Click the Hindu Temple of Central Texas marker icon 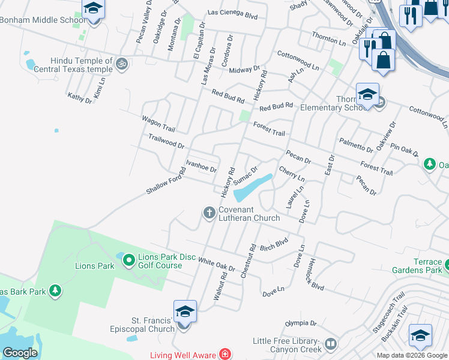click(x=122, y=63)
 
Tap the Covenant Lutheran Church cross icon click(x=209, y=212)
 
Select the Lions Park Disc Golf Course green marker click(x=128, y=260)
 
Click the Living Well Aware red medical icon click(x=225, y=355)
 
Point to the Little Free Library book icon click(x=330, y=345)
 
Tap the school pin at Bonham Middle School click(x=93, y=10)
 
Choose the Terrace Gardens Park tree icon click(x=447, y=263)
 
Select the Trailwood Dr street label click(x=166, y=142)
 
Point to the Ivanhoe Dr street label click(x=200, y=166)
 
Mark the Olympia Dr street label click(x=300, y=323)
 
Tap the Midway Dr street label click(x=244, y=70)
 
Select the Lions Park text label click(x=94, y=266)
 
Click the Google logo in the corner click(x=20, y=353)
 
